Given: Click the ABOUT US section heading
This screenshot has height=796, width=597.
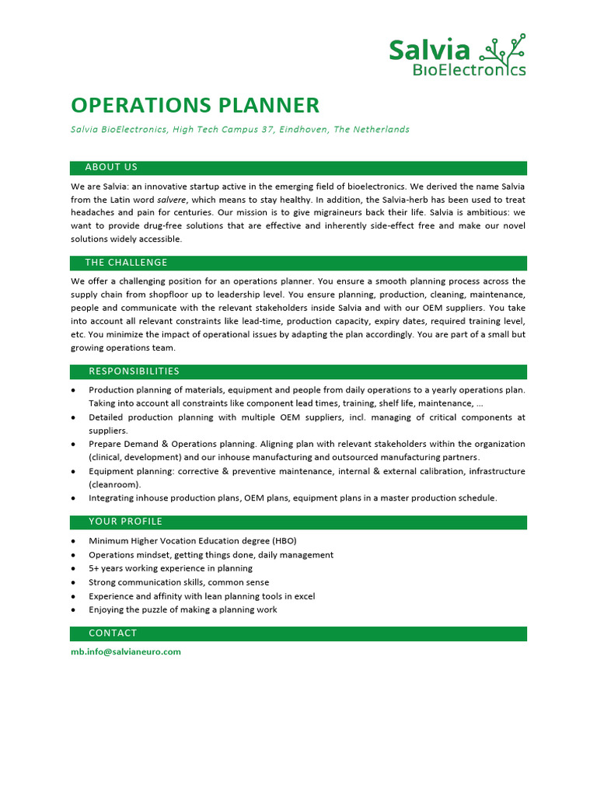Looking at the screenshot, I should coord(111,167).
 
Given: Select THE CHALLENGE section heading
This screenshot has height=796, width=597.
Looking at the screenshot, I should coord(126,263).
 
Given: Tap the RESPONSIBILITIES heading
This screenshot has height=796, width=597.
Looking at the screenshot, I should coord(134,372).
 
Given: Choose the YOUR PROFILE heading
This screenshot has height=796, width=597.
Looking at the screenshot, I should coord(125,522).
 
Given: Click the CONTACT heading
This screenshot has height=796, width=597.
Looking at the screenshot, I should coord(113,634).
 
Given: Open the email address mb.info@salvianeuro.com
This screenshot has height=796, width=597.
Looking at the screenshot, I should coord(126,652).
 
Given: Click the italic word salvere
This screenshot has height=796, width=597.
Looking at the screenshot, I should coord(172,200).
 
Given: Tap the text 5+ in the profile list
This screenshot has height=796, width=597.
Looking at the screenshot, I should coord(94,568).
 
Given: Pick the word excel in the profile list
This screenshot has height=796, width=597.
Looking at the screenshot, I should coord(304,596).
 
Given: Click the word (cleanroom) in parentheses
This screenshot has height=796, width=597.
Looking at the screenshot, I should coord(117,484).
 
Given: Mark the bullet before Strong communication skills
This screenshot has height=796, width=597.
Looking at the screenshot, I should coord(73,582).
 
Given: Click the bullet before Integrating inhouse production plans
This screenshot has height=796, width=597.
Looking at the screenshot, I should coord(73,498).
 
